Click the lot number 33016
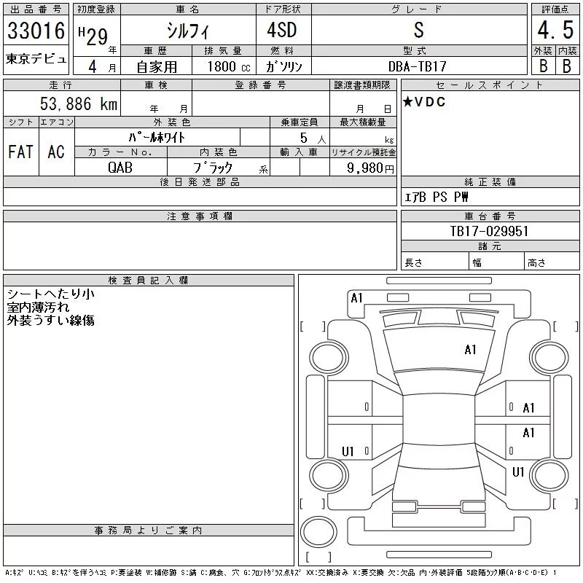click(36, 31)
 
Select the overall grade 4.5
click(555, 30)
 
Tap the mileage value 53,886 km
click(79, 103)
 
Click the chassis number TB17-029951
click(489, 231)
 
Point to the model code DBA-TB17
click(417, 66)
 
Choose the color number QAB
click(120, 168)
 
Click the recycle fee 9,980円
click(370, 168)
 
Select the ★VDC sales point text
click(424, 101)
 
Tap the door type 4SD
click(282, 30)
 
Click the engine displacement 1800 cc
click(229, 66)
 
